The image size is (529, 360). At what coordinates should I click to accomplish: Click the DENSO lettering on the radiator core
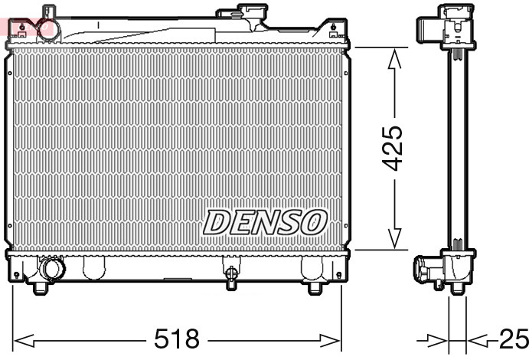point(265,222)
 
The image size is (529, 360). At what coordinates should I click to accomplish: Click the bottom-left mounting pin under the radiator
point(41,288)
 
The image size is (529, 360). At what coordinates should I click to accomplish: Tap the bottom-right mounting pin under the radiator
point(313,288)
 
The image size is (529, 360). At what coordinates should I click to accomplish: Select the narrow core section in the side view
point(457,146)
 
